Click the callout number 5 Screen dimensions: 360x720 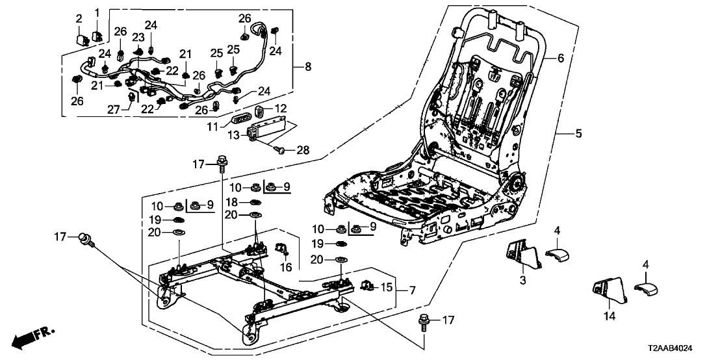(x=578, y=135)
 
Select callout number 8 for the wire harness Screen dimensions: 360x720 (x=308, y=66)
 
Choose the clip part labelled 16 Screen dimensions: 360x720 (x=283, y=249)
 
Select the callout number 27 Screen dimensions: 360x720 (x=125, y=108)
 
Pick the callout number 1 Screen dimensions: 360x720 (x=97, y=13)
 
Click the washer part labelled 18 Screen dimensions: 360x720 (x=255, y=203)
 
